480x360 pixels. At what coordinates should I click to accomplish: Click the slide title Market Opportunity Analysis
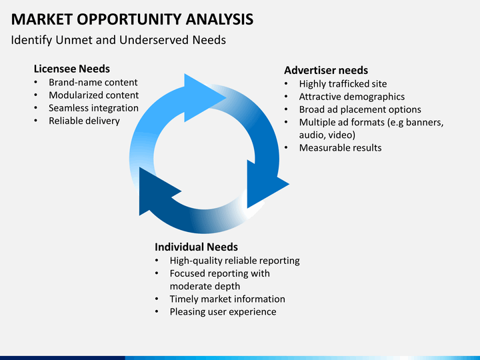[x=132, y=19]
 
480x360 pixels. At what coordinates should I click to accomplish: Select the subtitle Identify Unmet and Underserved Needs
[x=119, y=40]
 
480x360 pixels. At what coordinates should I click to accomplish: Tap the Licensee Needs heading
[x=71, y=69]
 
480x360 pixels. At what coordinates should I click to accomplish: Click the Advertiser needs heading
[x=326, y=70]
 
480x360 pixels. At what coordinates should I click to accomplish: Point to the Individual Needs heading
[x=196, y=247]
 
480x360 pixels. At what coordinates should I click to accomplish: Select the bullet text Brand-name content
[x=93, y=83]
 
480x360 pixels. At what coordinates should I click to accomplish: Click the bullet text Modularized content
[x=93, y=95]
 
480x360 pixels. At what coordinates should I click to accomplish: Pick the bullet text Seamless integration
[x=93, y=108]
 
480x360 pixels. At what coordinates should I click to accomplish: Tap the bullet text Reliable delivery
[x=84, y=121]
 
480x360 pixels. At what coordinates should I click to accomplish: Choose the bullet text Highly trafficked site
[x=342, y=84]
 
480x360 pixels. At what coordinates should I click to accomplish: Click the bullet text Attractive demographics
[x=351, y=97]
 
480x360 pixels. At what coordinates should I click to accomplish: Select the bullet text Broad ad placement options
[x=360, y=109]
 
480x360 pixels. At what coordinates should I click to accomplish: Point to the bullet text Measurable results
[x=340, y=147]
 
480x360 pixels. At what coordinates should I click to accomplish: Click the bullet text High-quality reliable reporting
[x=234, y=261]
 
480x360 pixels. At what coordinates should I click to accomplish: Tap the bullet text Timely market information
[x=227, y=299]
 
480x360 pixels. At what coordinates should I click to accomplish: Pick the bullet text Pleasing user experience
[x=223, y=312]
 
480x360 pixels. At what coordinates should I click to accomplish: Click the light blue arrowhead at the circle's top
[x=203, y=97]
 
